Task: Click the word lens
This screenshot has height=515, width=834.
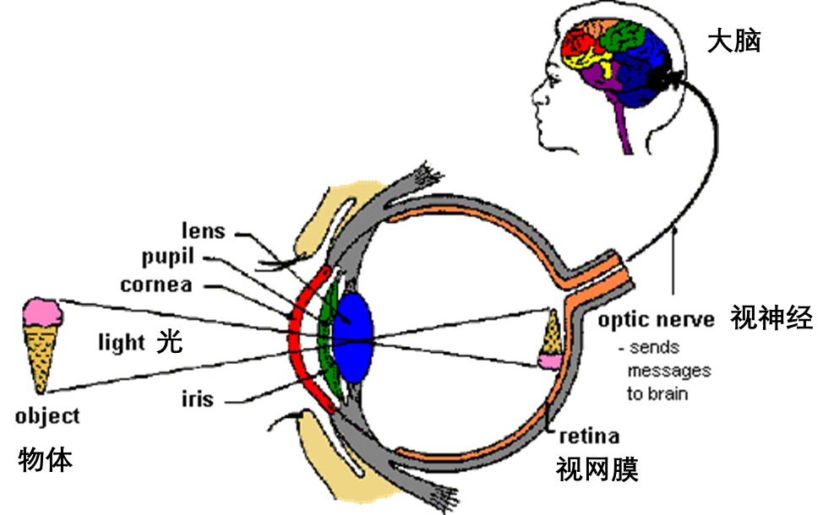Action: point(204,230)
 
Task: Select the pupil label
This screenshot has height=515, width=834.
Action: point(167,257)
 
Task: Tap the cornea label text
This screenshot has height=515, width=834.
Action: point(155,285)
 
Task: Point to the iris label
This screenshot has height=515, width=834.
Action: point(198,398)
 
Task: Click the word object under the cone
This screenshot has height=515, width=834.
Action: point(47,416)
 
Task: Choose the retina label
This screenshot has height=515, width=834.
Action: point(589,436)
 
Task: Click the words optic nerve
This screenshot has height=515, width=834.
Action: point(657,320)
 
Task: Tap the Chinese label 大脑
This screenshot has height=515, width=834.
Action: point(734,41)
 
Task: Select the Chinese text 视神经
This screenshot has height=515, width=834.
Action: point(771,317)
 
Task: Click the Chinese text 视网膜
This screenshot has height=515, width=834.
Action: point(597,469)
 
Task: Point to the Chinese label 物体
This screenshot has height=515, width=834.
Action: point(46,460)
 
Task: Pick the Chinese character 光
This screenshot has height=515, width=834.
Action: point(170,341)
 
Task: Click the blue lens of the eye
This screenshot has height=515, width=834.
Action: point(352,337)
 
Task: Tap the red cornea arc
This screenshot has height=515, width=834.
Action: point(296,340)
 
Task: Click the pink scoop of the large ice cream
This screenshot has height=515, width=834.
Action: point(42,312)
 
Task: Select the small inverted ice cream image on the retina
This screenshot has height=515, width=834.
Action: point(551,340)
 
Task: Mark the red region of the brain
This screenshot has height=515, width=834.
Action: point(579,42)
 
